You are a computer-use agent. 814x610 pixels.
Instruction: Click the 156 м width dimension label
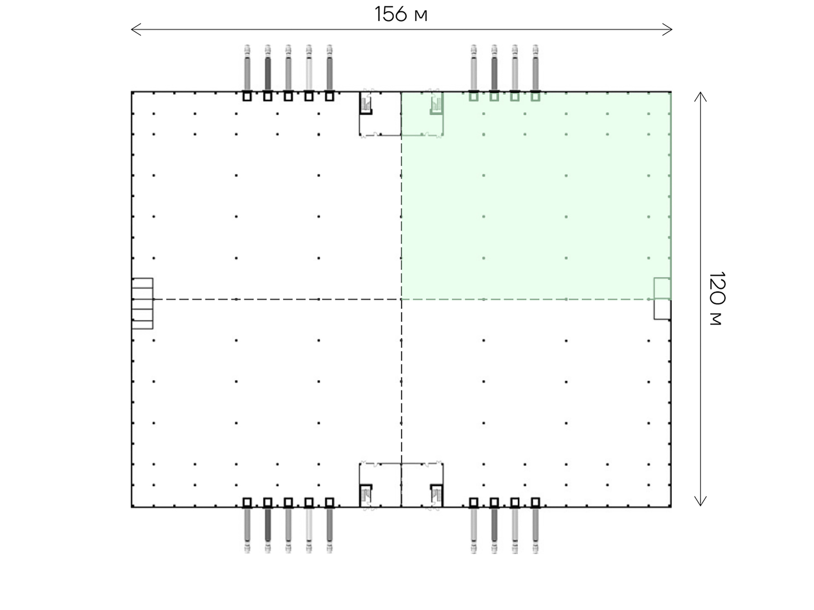401,14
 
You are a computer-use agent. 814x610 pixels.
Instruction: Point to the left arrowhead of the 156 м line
136,30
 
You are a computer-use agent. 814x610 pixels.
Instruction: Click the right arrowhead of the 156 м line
667,30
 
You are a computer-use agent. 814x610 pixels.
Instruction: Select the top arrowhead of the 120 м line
700,97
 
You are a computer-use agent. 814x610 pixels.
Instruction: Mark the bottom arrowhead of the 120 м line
700,501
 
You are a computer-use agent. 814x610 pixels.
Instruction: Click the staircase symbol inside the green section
436,103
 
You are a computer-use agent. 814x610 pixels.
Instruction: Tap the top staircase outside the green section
366,103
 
